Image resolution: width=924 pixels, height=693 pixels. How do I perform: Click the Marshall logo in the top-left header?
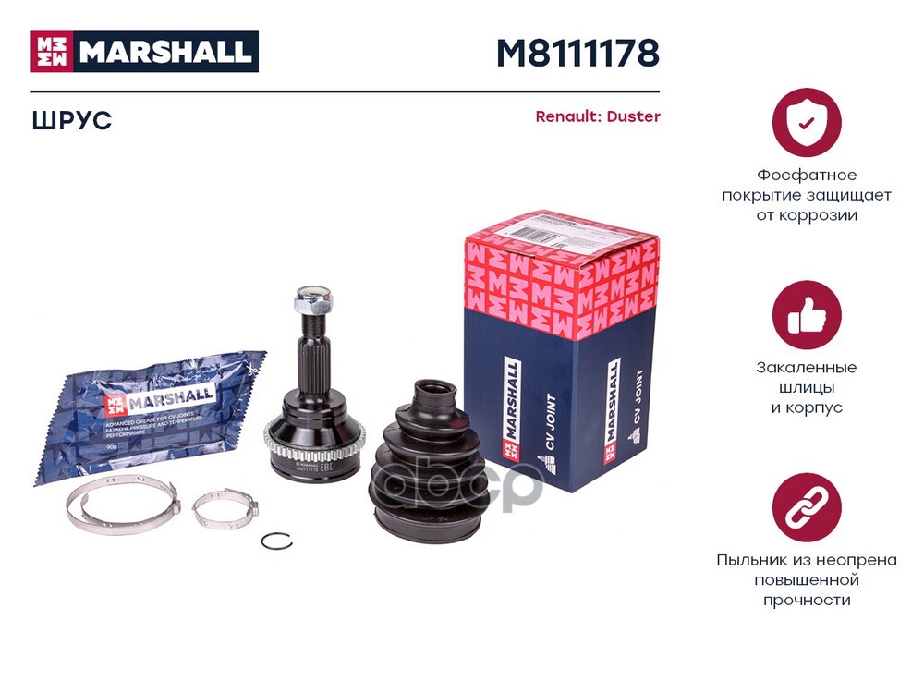click(145, 52)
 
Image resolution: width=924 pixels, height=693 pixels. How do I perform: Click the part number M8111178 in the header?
click(577, 54)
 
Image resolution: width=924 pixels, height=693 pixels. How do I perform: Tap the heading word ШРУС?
click(71, 120)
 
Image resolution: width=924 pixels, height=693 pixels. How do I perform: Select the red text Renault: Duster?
click(598, 117)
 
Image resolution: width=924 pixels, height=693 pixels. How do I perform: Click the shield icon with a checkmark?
click(806, 122)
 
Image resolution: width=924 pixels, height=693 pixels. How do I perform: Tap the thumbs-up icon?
click(806, 314)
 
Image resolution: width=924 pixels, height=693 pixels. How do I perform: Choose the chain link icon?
click(806, 507)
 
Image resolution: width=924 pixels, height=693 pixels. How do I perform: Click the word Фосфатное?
click(807, 175)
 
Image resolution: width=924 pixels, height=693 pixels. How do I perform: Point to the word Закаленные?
click(807, 367)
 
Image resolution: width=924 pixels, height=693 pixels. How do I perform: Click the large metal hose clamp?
click(121, 504)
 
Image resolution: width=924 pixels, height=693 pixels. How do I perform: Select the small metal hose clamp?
click(225, 507)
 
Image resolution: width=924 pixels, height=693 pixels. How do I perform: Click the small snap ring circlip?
click(276, 542)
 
